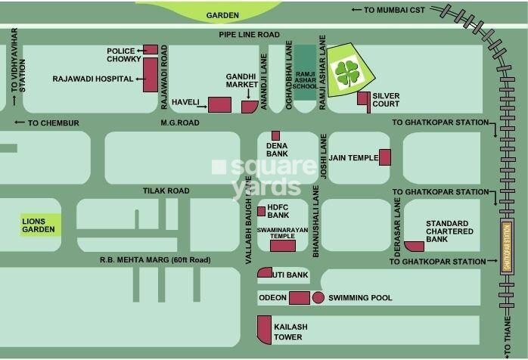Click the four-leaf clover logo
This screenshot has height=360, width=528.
348,73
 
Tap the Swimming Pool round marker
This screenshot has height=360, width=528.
318,298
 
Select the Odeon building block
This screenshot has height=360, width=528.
300,298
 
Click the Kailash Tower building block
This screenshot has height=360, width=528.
264,330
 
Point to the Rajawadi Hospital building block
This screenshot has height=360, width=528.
150,74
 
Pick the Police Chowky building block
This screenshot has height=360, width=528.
150,50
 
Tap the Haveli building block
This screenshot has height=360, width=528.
219,105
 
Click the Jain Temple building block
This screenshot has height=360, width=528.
384,157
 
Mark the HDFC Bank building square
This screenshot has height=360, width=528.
261,211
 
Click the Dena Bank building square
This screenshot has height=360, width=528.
275,135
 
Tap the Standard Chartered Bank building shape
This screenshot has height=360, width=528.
414,245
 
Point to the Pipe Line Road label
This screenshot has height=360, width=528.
249,35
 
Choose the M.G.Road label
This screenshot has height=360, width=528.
179,123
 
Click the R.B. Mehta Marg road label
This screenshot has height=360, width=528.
156,260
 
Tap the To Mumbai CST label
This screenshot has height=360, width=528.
391,10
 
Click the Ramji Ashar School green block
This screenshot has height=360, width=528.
305,68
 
